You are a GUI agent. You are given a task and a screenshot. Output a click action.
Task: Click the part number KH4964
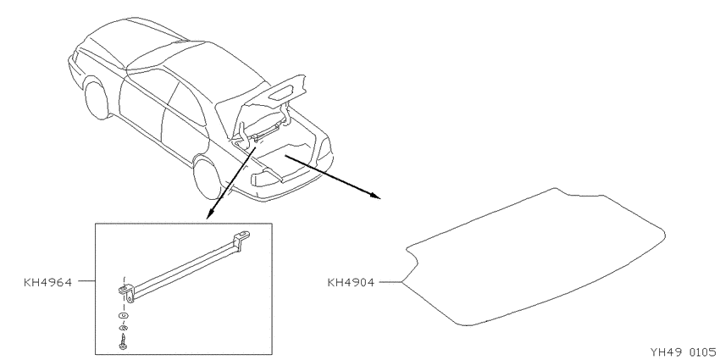click(47, 282)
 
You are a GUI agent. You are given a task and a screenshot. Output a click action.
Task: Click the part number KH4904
click(351, 282)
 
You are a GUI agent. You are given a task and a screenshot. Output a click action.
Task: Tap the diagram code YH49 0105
click(683, 352)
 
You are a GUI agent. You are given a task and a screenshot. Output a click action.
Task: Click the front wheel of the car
click(97, 100)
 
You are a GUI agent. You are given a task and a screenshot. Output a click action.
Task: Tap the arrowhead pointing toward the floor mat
click(375, 196)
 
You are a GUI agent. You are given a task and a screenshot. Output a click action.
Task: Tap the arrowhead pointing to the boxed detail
click(209, 213)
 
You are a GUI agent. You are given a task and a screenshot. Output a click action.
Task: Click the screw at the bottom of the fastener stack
click(123, 342)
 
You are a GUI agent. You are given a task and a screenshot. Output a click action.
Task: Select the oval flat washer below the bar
click(123, 316)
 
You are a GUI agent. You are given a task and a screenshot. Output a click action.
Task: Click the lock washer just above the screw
click(123, 328)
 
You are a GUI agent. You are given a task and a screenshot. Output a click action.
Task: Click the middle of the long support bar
click(184, 267)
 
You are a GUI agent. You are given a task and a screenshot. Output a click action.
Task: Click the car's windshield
click(106, 50)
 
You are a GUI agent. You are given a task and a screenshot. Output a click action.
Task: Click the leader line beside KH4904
click(390, 282)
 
